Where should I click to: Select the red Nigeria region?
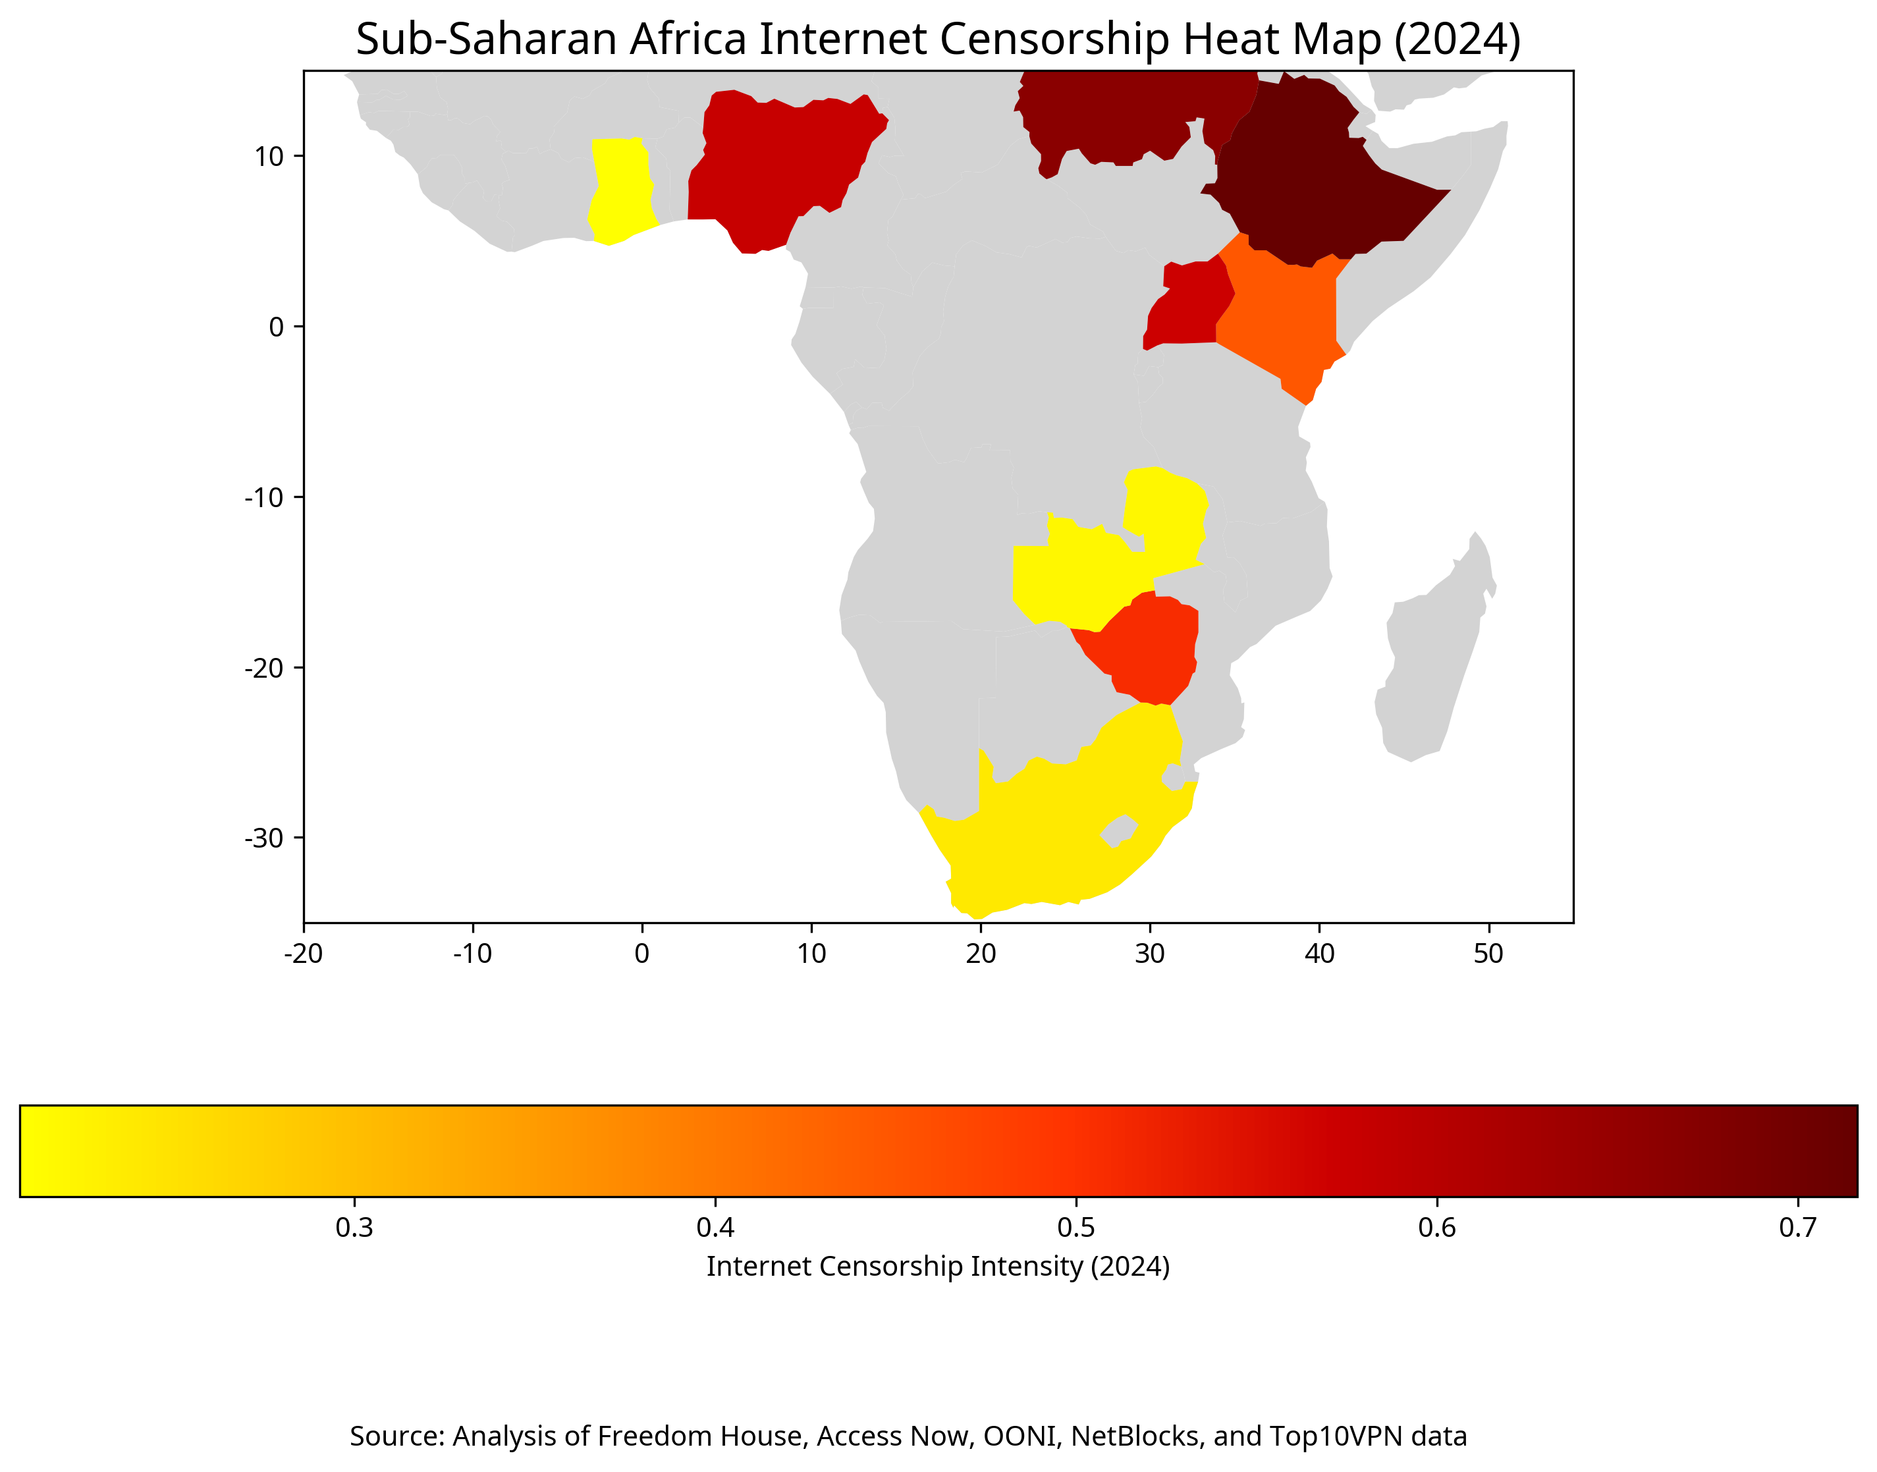click(x=780, y=164)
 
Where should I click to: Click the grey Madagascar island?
click(x=1430, y=664)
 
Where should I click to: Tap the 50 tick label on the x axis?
click(x=1488, y=953)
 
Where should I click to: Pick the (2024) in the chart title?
click(x=1456, y=39)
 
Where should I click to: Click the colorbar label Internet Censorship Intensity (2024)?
click(x=938, y=1266)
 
